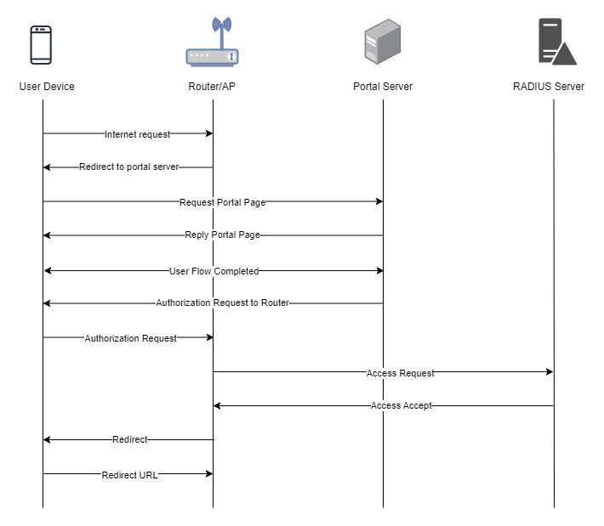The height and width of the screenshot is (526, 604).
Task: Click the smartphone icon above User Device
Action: (x=41, y=45)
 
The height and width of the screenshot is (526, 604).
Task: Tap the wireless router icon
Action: (x=212, y=42)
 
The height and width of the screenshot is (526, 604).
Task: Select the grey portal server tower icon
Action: (x=383, y=41)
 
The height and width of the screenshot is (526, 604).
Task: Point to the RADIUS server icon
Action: (x=557, y=41)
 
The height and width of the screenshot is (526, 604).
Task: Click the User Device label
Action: (x=47, y=86)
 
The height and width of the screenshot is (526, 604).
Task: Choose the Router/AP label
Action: (x=212, y=86)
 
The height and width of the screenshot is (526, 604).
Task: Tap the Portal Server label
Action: (x=383, y=86)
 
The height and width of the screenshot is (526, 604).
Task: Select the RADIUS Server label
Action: (x=549, y=86)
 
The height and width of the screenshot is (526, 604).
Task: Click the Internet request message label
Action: (x=137, y=134)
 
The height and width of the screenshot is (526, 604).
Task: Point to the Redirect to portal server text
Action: (x=129, y=167)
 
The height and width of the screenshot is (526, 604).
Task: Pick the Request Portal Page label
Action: (x=223, y=202)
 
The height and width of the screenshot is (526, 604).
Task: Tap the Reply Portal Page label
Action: (x=223, y=235)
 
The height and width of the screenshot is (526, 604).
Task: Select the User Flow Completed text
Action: (x=214, y=271)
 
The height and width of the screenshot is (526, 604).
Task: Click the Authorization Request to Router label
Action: (x=223, y=303)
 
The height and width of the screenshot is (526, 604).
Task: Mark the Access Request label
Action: (x=400, y=373)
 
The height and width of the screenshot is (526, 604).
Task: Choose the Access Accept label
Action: (x=402, y=405)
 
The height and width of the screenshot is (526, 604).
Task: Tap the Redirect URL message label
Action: (x=130, y=475)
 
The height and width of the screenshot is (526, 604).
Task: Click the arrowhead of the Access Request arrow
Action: (x=550, y=371)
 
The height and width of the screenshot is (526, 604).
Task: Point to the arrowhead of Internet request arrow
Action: (x=209, y=133)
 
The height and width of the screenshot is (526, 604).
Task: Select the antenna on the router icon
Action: (x=222, y=31)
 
